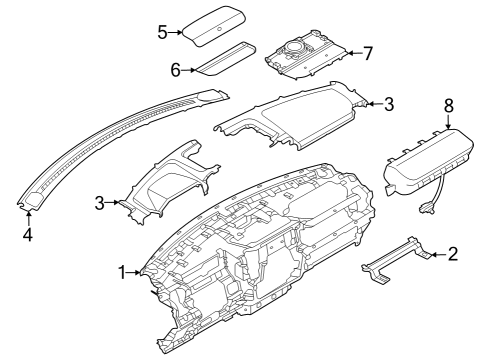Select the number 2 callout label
452,255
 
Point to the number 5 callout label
162,31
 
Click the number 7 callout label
368,51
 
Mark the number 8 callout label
447,103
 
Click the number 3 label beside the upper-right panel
389,102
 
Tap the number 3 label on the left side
99,203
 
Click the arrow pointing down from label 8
447,123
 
